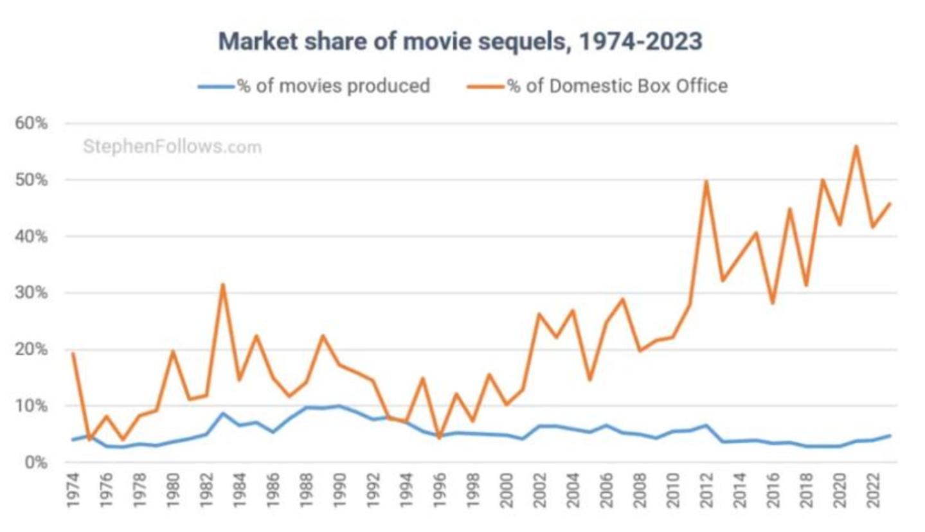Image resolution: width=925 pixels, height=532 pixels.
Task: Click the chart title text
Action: tap(460, 42)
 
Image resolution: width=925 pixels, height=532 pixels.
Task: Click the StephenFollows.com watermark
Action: tap(172, 147)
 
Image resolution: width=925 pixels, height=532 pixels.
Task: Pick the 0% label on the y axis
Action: tap(37, 463)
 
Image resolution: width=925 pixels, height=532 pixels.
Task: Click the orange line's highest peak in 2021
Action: tap(856, 146)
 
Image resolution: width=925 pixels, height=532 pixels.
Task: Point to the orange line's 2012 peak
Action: tap(706, 181)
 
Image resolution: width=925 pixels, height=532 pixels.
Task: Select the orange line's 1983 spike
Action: tap(222, 284)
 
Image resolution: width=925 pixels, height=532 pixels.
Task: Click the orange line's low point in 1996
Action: tap(439, 438)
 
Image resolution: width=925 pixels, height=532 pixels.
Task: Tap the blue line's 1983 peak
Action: tap(222, 413)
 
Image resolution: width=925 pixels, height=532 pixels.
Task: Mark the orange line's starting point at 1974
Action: tap(73, 353)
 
